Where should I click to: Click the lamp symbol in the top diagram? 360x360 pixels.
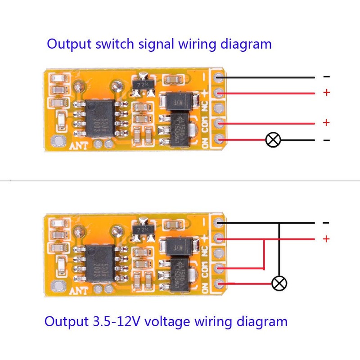(273, 139)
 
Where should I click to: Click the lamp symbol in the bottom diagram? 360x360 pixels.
(279, 283)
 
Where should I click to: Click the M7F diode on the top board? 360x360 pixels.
(179, 103)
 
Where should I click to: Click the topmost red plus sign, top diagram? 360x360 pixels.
(327, 93)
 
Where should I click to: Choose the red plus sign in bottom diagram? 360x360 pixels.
(327, 238)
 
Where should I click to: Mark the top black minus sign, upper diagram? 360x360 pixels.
(327, 77)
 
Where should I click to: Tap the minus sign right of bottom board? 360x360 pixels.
(327, 223)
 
